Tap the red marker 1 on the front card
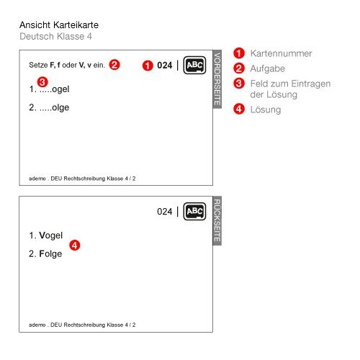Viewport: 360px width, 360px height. pos(147,66)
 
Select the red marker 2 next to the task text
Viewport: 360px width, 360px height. pos(114,65)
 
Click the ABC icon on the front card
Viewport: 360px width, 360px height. pos(194,66)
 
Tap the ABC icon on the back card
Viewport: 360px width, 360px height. pos(194,212)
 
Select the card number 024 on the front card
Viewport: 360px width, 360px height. pos(165,66)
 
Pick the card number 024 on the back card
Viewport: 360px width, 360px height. pos(165,212)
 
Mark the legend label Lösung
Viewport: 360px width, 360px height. pos(266,110)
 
